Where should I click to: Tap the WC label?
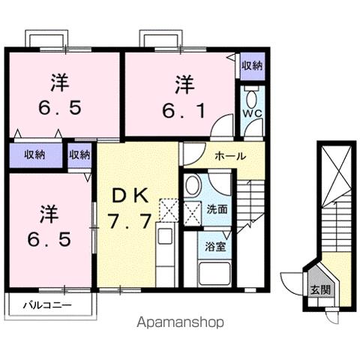(250, 115)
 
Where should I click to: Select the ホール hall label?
(229, 156)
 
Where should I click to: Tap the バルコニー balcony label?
(46, 305)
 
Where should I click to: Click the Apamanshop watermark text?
(181, 322)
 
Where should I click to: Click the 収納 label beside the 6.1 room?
(251, 65)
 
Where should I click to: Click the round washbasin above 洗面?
(193, 187)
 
